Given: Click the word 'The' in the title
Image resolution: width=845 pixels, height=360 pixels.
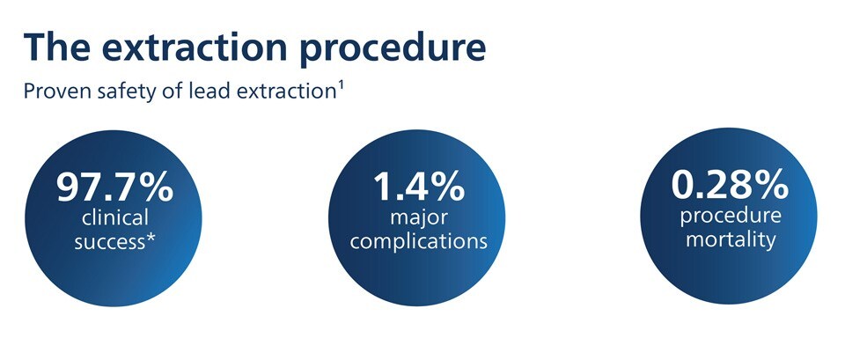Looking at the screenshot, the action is (57, 47).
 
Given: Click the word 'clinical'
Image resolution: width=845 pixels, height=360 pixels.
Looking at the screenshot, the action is (114, 217).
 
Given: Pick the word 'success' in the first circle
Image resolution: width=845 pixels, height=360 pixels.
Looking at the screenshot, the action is (109, 242).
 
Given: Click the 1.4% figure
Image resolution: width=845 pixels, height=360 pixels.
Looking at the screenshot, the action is (419, 187).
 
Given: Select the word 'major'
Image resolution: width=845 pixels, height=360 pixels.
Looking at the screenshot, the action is (418, 219).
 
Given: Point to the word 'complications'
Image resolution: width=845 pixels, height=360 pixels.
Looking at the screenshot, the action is (419, 241).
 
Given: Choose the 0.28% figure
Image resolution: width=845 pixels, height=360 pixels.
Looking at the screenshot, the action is (730, 185).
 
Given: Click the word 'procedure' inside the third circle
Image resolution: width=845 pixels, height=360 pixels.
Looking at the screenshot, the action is (731, 217).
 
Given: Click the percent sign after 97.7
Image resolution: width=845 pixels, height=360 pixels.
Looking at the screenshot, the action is (157, 187).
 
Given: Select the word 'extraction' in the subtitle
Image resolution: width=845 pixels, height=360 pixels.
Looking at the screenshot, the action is (287, 91).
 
